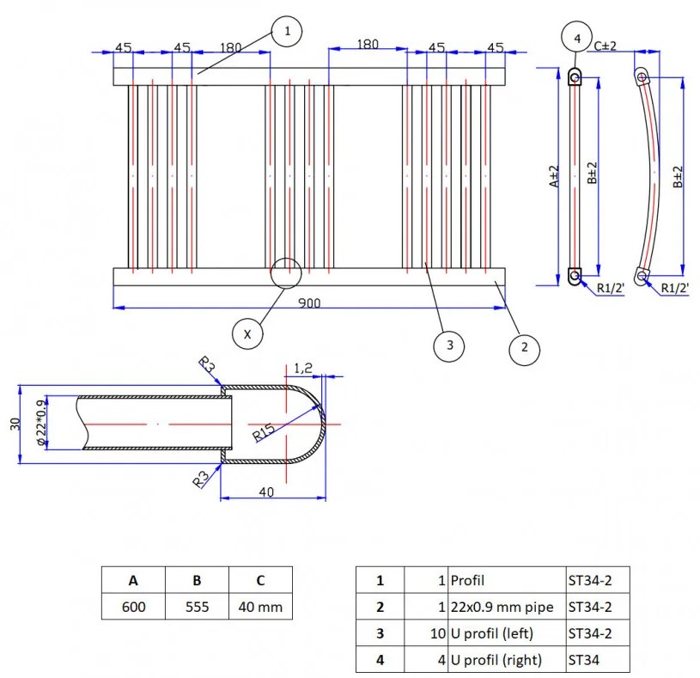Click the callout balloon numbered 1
point(287,31)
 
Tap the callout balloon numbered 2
point(524,347)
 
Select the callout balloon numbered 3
point(449,345)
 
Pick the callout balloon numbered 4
point(577,39)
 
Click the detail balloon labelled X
point(247,334)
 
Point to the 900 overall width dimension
point(309,303)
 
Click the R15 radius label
point(264,432)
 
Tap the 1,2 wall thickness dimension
point(303,369)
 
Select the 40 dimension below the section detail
point(266,492)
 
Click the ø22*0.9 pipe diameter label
point(40,423)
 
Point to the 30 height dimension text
point(15,424)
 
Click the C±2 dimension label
point(605,46)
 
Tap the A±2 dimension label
point(554,176)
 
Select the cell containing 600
point(133,607)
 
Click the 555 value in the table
point(197,607)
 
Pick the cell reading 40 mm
point(261,607)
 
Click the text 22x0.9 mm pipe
point(502,607)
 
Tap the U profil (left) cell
point(507,633)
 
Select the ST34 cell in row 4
point(598,660)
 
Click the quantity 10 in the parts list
point(438,633)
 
